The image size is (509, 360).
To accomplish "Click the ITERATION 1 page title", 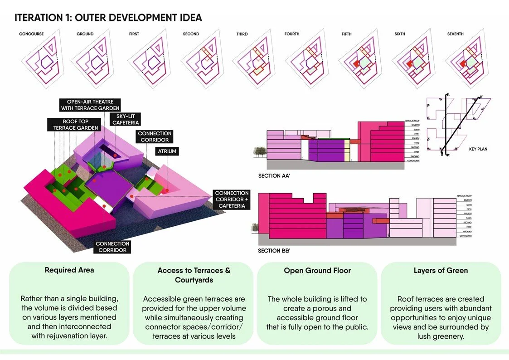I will point(108,18).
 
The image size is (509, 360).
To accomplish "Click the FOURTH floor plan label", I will point(292,34).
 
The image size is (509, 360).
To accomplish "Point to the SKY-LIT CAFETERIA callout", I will point(126,119).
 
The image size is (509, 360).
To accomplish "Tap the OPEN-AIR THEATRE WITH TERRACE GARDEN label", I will point(90,105).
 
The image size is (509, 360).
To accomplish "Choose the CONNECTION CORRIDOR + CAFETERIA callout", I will point(232,199).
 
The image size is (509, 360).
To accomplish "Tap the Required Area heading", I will point(69,270).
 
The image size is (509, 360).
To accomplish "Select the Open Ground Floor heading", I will point(317,270).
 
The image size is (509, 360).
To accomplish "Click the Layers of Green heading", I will point(441,270).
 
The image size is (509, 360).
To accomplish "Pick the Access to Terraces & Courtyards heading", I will point(194,275).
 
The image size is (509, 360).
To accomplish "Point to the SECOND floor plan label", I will point(191,34).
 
